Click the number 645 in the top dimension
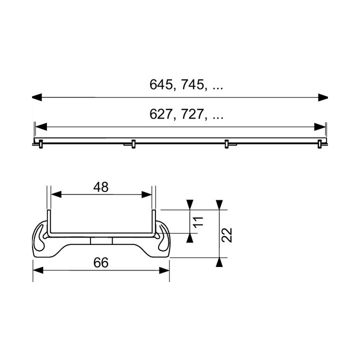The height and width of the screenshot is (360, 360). click(161, 85)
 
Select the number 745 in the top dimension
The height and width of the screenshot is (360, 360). click(193, 85)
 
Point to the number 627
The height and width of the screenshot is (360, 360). click(161, 115)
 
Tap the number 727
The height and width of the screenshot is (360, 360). click(193, 115)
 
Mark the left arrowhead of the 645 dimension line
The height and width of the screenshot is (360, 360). click(36, 98)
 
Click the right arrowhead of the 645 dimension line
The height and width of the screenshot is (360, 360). click(323, 98)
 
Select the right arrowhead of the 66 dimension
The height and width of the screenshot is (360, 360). click(164, 270)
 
